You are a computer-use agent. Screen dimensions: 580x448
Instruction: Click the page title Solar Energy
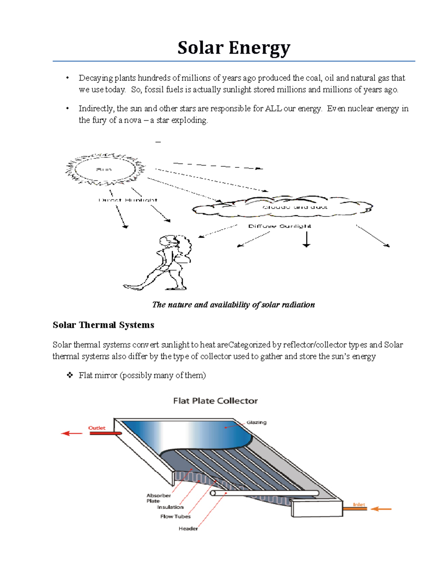234,48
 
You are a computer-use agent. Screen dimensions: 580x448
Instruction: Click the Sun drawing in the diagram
105,169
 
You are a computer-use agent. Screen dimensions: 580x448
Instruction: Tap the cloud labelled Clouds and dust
283,207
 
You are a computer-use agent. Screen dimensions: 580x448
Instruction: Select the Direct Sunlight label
128,200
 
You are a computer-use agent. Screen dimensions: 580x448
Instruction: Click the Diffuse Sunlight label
280,226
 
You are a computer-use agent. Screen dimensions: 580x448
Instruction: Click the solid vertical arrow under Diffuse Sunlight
307,239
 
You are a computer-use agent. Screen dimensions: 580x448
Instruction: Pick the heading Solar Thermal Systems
103,325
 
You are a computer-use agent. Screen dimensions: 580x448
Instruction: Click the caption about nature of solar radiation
233,305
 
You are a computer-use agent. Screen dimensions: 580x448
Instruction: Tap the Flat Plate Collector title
215,401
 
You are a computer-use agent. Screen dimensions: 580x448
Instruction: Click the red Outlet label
97,428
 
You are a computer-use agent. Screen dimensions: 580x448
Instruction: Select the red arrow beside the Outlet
72,433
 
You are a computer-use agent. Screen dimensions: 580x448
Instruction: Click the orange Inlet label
359,505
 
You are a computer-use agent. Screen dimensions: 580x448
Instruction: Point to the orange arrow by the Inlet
381,509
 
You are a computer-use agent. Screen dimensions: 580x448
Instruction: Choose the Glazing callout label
256,422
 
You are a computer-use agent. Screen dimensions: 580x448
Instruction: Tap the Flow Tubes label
175,517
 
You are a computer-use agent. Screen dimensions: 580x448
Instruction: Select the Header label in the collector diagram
188,528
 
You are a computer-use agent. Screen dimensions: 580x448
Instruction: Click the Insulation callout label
170,507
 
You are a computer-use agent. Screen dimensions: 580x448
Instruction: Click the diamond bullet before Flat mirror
70,375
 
